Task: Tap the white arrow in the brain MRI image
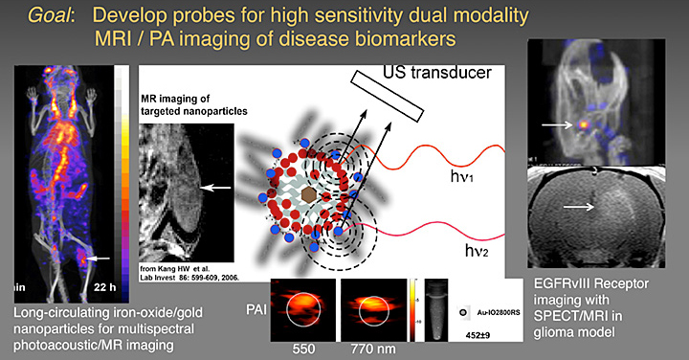click(x=577, y=206)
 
